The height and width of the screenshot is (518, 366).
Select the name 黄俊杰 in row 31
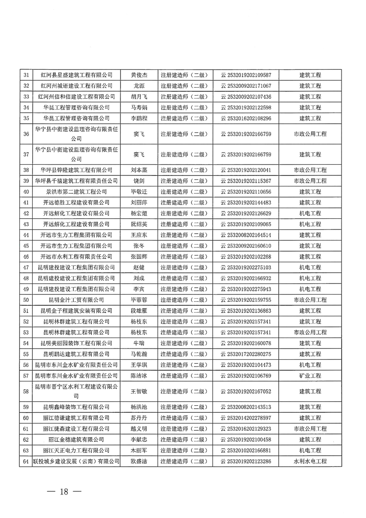pos(139,75)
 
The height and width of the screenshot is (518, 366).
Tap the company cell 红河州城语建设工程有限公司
pos(77,85)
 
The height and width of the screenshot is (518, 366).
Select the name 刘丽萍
pos(139,202)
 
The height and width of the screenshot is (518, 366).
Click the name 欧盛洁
pos(139,461)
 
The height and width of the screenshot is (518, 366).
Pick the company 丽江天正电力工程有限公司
pos(77,450)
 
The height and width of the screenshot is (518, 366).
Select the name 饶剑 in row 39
pos(139,181)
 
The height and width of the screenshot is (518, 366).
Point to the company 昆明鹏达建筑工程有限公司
pos(77,354)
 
